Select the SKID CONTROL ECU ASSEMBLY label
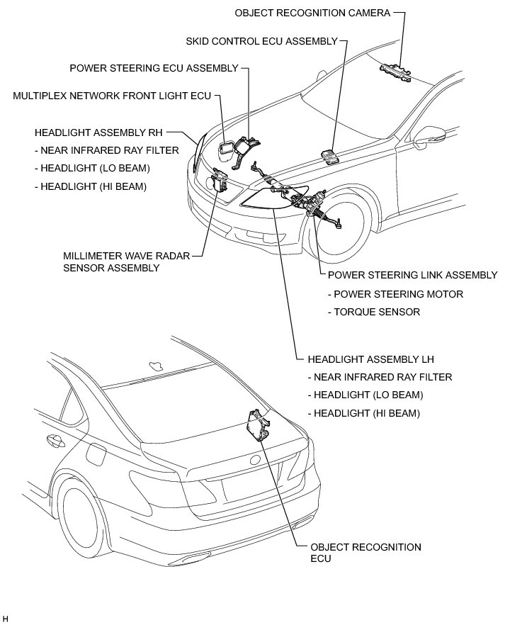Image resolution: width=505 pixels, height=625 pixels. click(x=261, y=41)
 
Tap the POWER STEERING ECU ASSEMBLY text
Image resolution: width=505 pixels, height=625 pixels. click(x=154, y=68)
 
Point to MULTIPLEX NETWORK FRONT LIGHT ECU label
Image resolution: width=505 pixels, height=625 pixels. click(x=112, y=95)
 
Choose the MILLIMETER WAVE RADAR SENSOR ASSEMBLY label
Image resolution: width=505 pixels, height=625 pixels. click(x=127, y=261)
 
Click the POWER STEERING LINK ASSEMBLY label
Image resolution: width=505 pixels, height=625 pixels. click(x=413, y=275)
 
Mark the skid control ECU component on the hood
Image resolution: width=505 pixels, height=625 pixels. click(x=328, y=154)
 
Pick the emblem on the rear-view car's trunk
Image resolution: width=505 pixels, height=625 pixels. click(x=253, y=461)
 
